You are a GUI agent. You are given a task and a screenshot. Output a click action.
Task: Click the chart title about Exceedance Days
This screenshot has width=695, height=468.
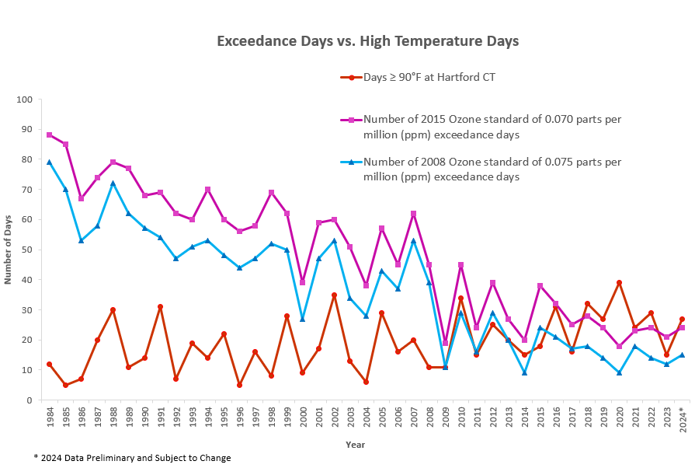click(367, 40)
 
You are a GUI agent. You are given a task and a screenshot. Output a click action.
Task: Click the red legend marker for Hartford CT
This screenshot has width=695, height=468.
click(352, 77)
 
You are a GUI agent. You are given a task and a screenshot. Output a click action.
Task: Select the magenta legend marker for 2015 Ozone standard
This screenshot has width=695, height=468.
click(352, 119)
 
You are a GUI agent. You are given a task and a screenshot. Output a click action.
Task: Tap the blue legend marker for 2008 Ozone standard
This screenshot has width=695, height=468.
click(352, 162)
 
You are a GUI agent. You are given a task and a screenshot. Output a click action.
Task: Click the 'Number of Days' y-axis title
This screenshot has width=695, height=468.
click(9, 250)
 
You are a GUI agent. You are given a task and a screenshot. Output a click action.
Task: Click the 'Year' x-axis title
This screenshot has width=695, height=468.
click(356, 445)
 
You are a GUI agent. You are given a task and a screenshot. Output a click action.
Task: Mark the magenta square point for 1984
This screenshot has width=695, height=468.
click(50, 135)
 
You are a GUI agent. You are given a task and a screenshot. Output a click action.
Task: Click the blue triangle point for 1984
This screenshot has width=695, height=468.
click(50, 162)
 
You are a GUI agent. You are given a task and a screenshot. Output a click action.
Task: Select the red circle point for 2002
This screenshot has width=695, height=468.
click(334, 295)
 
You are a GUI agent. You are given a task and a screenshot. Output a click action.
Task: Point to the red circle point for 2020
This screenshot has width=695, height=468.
click(619, 283)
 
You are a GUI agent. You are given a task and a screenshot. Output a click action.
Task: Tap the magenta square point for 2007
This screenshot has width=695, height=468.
click(413, 214)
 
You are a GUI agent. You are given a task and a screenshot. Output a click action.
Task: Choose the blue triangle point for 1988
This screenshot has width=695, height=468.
click(113, 183)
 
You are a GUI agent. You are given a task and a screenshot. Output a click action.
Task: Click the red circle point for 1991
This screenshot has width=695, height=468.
click(160, 307)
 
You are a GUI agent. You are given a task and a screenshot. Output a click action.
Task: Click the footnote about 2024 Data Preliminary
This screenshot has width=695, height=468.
click(131, 457)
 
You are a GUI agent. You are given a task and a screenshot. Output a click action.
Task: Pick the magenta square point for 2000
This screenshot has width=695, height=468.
click(303, 282)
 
